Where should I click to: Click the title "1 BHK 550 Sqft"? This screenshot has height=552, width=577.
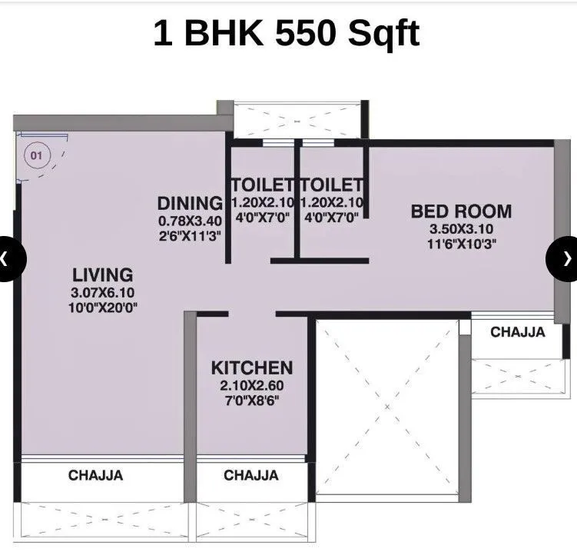(x=287, y=33)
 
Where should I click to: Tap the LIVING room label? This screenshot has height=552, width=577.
(x=103, y=274)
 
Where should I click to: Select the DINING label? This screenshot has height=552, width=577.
(x=190, y=204)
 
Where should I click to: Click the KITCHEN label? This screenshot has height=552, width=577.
(x=252, y=368)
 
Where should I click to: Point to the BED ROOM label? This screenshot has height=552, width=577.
(x=461, y=211)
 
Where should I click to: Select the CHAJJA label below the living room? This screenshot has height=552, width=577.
(x=95, y=476)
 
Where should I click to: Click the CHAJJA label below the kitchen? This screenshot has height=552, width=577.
(x=251, y=476)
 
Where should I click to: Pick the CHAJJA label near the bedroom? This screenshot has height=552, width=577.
(x=518, y=333)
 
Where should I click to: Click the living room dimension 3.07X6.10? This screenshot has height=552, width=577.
(x=103, y=292)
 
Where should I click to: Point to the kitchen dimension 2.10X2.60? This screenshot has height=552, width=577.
(x=251, y=386)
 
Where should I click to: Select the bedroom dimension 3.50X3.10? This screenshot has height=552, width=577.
(x=461, y=229)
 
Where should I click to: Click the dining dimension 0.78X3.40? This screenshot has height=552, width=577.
(x=190, y=221)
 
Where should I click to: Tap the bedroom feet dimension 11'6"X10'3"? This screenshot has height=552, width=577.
(x=461, y=244)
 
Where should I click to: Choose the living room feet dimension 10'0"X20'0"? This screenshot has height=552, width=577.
(x=103, y=308)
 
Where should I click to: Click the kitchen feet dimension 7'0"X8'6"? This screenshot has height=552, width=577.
(x=251, y=401)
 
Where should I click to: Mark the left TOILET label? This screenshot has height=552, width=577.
(x=262, y=185)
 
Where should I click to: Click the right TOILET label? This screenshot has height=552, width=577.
(x=332, y=185)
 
